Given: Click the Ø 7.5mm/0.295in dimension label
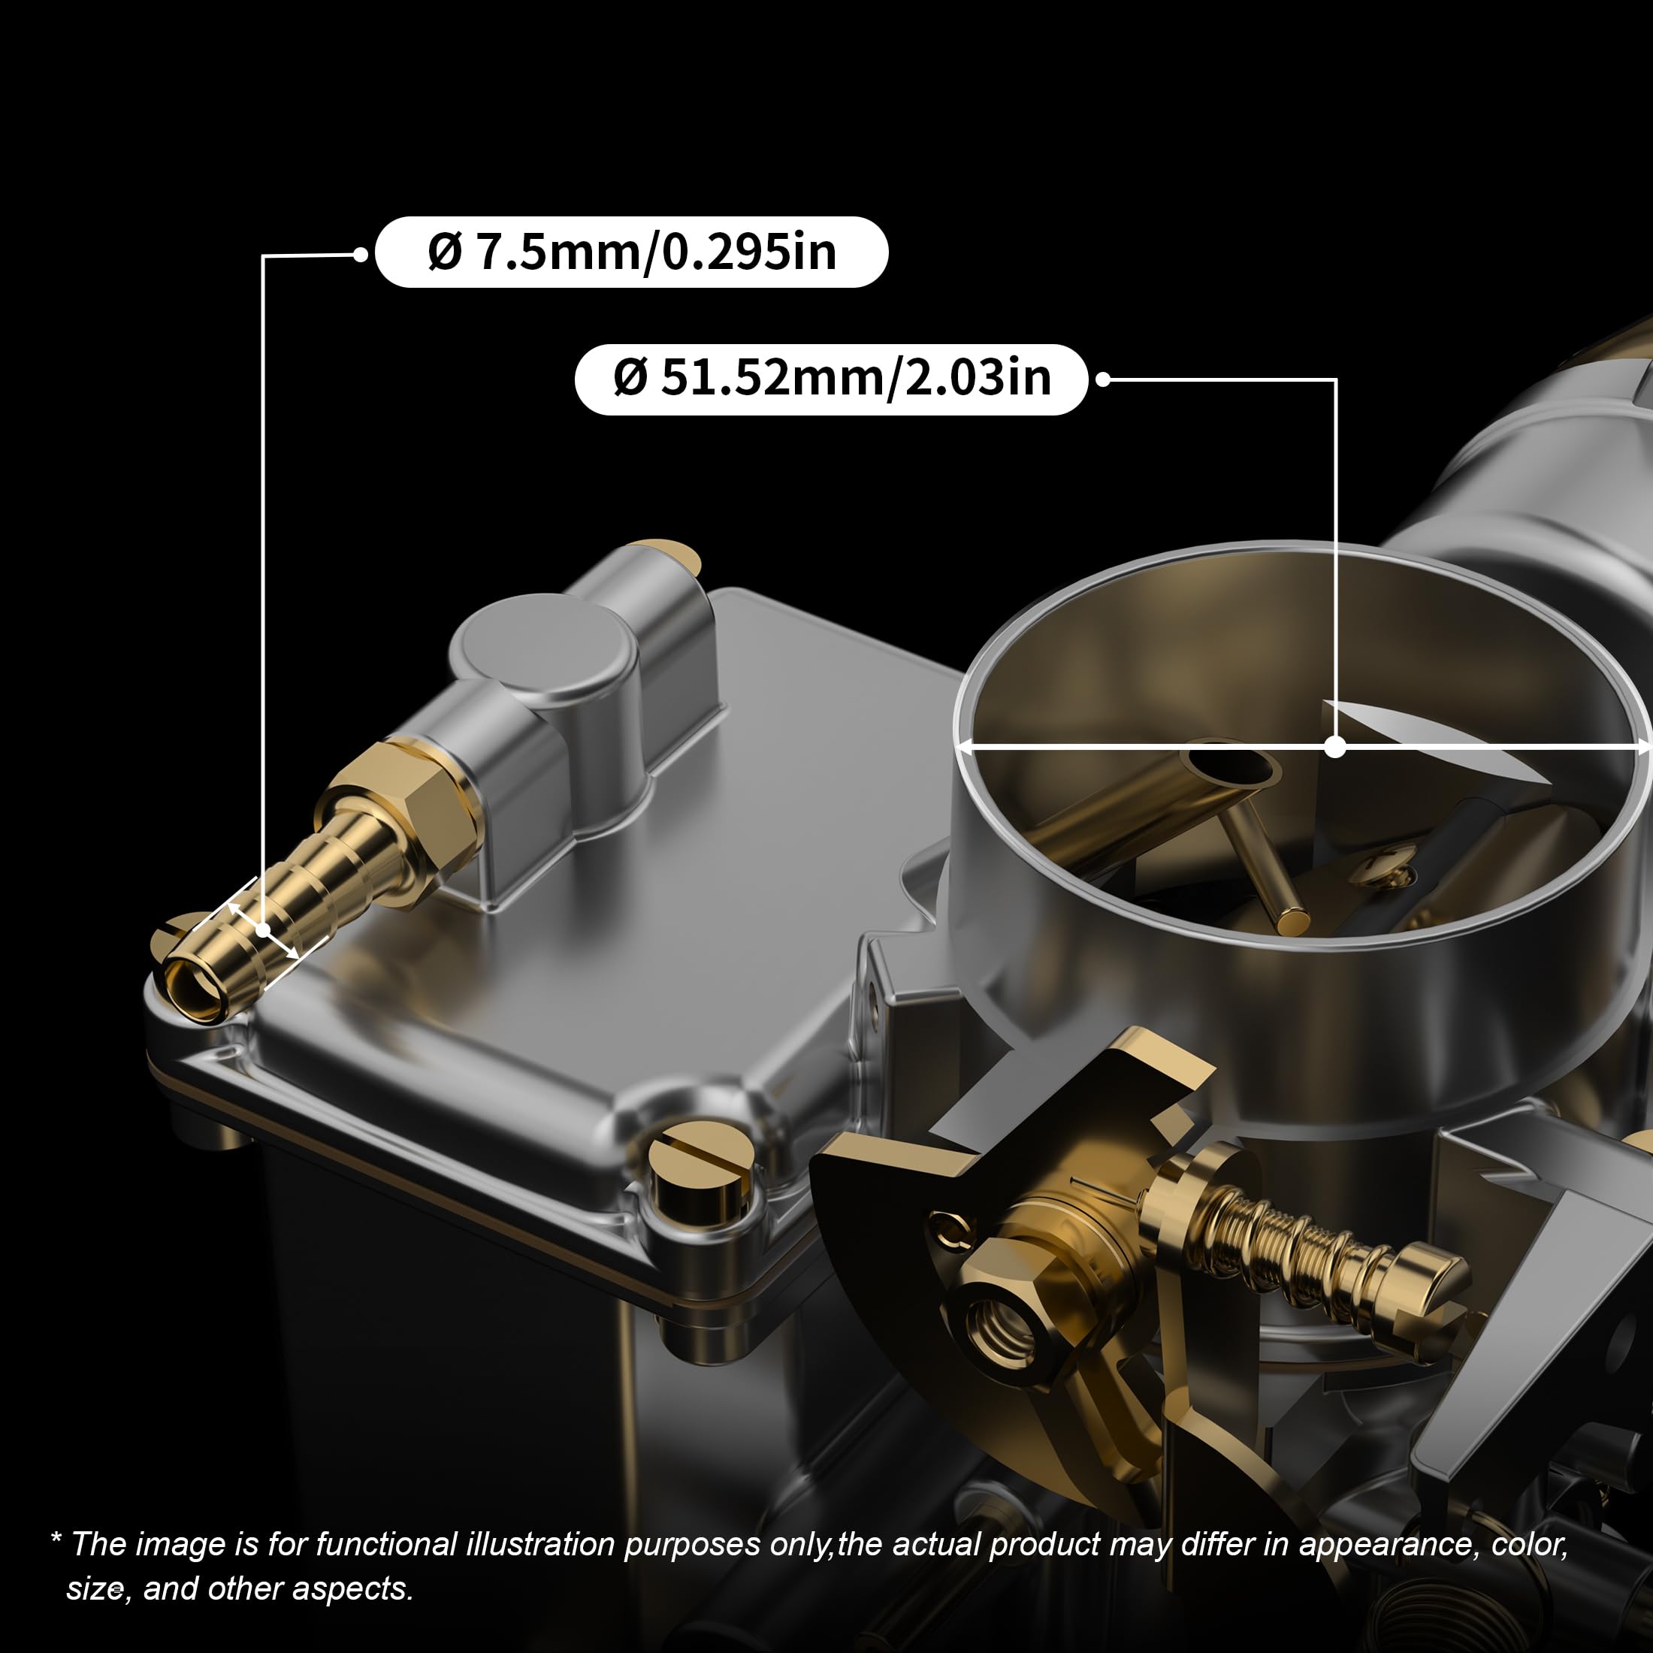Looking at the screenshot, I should tap(631, 252).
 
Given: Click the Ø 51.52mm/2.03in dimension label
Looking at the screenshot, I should tap(832, 379).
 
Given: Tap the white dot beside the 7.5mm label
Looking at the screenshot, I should tap(360, 254).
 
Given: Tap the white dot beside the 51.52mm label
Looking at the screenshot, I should tap(1103, 379).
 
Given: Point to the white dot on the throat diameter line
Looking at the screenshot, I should tap(1334, 747).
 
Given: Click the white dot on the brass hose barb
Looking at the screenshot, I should tap(264, 929).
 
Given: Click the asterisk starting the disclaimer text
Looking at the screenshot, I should tap(56, 1540).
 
